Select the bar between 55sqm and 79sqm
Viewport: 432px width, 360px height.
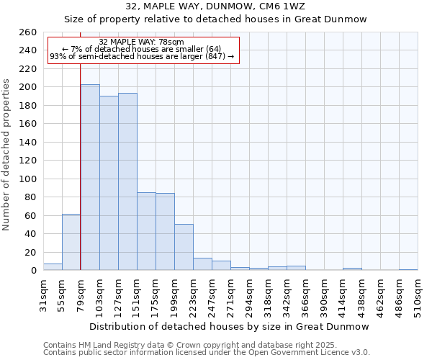pos(71,242)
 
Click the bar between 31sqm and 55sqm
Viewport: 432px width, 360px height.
pos(53,266)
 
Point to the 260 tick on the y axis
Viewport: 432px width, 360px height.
pos(28,32)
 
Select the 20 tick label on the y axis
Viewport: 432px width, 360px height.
pos(31,252)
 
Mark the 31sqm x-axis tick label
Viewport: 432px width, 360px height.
pos(43,294)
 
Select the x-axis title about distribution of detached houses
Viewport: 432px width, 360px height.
pos(230,326)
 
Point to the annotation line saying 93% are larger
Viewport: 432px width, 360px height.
pos(142,56)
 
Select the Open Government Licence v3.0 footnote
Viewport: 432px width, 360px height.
pos(207,352)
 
